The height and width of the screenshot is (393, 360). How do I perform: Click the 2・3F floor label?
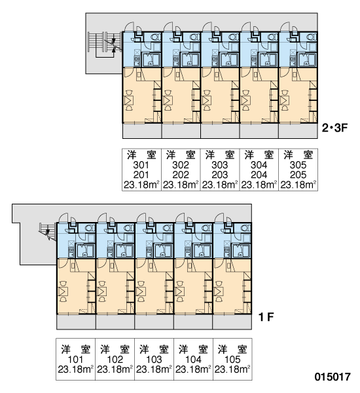(334, 128)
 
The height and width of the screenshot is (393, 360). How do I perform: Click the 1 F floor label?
(266, 317)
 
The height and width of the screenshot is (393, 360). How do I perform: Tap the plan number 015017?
(333, 377)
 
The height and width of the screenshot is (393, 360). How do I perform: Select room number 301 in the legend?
(141, 165)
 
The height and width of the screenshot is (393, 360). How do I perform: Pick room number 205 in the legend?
(298, 175)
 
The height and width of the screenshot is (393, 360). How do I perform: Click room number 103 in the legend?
(154, 360)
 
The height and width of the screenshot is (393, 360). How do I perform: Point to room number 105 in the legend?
(232, 360)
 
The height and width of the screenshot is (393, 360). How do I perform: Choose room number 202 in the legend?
(181, 175)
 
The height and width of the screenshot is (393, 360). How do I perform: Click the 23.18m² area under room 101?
(75, 369)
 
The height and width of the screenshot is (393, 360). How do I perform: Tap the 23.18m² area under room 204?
(259, 185)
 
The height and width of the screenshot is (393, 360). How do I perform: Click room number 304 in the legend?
(259, 165)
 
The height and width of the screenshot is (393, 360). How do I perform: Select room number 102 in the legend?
(115, 360)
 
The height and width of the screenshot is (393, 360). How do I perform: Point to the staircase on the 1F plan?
(48, 231)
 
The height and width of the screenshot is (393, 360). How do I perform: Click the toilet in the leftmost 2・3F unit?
(155, 37)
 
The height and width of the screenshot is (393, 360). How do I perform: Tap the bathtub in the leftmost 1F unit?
(86, 250)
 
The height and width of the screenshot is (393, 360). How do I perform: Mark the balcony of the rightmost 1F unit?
(232, 322)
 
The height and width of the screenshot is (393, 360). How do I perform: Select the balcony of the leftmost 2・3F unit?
(142, 131)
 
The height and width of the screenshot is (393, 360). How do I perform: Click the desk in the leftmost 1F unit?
(63, 291)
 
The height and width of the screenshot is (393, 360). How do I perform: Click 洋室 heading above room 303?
(220, 155)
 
